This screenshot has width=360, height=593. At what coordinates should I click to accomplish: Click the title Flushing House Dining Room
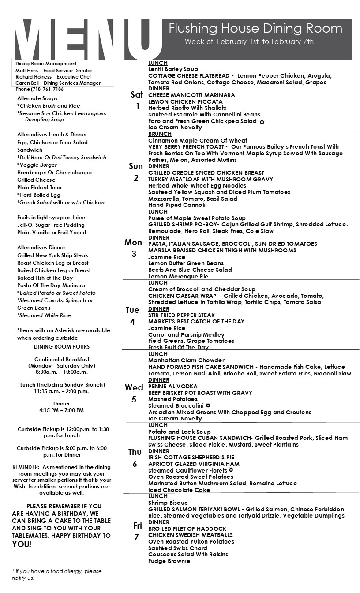pos(255,29)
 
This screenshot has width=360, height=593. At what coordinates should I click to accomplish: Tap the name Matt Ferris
pos(26,71)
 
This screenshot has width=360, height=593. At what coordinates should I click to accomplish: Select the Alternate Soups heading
pos(37,98)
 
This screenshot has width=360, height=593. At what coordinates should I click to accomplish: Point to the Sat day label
pos(137,95)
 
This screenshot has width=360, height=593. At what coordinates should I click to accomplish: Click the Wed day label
pos(134,388)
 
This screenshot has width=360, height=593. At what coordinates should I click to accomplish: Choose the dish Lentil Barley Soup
pos(173,69)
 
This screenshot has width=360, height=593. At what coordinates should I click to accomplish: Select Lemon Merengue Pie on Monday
pos(178,276)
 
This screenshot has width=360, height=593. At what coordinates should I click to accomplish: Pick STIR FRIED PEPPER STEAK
pos(181,315)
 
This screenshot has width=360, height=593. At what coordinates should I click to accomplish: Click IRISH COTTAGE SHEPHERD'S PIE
pos(191,458)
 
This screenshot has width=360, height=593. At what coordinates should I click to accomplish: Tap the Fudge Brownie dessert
pos(169,561)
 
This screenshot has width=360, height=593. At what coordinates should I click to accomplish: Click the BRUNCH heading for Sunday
pos(160,134)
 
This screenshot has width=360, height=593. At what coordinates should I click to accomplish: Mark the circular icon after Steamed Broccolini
pos(208,405)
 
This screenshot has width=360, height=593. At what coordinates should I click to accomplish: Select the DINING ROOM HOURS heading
pos(62,347)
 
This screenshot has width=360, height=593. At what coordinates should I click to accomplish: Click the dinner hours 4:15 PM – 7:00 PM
pos(62,410)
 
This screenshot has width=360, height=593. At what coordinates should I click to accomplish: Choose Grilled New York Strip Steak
pos(52,255)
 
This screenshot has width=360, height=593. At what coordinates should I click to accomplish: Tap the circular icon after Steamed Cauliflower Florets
pos(231,470)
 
